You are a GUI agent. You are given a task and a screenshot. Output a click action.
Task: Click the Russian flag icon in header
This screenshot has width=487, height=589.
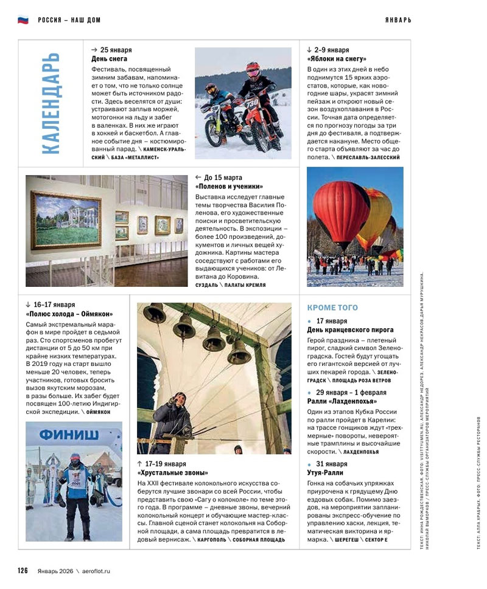point(23,19)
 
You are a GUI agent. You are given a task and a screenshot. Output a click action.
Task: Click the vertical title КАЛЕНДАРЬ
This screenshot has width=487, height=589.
point(51,103)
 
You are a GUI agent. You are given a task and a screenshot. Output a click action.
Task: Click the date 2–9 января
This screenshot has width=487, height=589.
point(332,50)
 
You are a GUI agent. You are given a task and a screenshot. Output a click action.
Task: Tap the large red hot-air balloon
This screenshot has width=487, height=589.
point(341,216)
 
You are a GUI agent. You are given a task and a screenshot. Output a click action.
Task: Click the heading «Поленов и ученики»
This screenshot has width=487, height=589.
point(229,187)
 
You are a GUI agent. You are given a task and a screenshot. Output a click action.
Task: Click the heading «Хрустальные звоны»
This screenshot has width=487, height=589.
point(173,472)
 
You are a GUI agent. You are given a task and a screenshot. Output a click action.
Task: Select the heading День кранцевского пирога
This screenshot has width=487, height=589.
point(350,329)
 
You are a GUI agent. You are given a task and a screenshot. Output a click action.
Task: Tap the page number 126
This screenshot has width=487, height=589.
point(23,570)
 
